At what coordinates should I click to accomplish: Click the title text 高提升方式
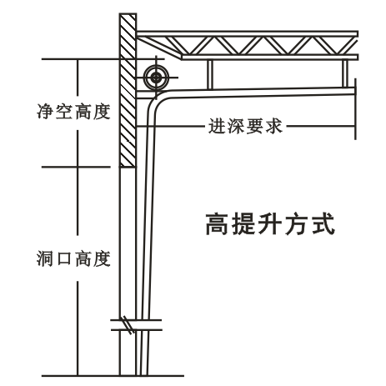(270, 224)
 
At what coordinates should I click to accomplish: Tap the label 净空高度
(74, 112)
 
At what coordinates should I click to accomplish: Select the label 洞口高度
(74, 258)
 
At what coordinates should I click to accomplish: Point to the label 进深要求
(246, 126)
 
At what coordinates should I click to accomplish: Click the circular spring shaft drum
(156, 78)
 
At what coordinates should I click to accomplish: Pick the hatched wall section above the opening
(128, 90)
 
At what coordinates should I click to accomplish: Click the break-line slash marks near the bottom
(128, 325)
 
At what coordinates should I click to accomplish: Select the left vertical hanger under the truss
(210, 74)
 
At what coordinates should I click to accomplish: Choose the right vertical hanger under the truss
(345, 73)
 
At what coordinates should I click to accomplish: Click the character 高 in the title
(217, 224)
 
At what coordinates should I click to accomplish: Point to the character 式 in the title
(323, 224)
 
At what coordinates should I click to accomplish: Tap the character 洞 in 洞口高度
(45, 258)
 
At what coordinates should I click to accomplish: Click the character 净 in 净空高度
(46, 112)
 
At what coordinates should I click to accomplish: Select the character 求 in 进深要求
(274, 126)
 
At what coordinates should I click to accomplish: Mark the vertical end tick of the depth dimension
(355, 108)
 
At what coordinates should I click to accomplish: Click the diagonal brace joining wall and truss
(159, 48)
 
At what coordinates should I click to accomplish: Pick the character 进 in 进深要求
(217, 126)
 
